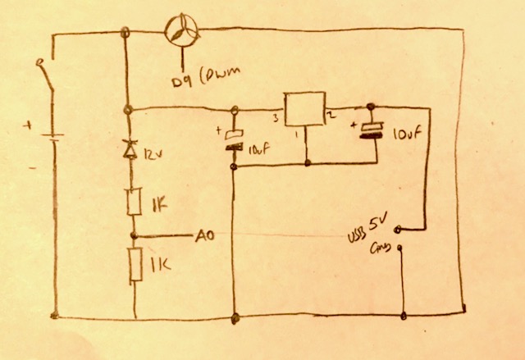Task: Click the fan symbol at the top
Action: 180,30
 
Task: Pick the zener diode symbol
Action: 127,148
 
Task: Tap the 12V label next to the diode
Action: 152,153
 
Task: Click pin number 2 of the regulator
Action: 331,117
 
